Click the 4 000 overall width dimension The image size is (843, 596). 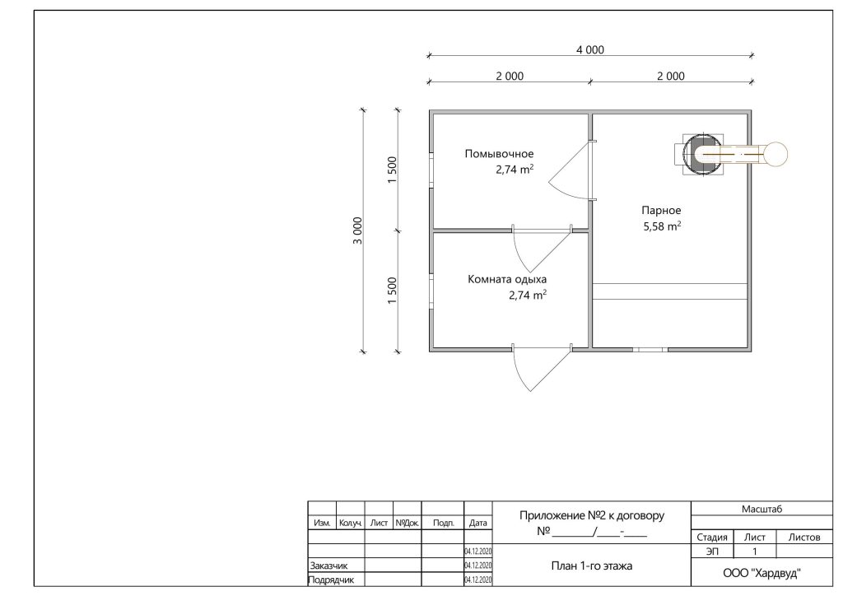tap(590, 50)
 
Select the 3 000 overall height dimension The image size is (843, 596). tap(358, 230)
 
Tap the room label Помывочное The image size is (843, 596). tap(500, 154)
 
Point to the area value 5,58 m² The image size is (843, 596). tap(663, 226)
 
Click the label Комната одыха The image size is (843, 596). tap(507, 279)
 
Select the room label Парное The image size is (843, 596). tap(661, 211)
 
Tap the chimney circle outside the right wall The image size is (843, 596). tap(775, 154)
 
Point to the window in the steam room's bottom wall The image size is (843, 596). tap(650, 349)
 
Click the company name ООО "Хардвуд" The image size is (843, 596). tap(761, 574)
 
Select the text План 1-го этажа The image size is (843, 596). tap(591, 566)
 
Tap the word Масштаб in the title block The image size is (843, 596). tap(761, 509)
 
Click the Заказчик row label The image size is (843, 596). tap(328, 566)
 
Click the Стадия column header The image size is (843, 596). tap(712, 538)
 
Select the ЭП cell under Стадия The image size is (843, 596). tap(712, 552)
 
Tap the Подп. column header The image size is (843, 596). tap(443, 523)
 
